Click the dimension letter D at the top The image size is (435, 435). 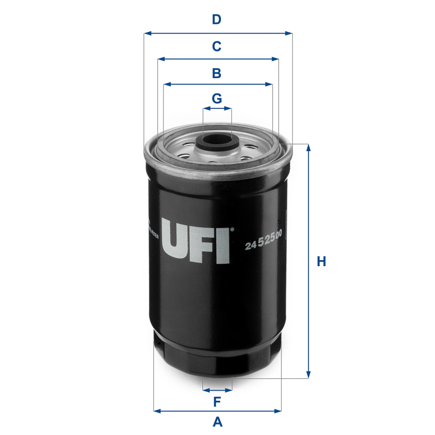pyautogui.click(x=217, y=20)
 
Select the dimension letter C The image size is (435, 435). pyautogui.click(x=217, y=47)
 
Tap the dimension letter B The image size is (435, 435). pyautogui.click(x=217, y=73)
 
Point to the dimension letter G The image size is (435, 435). pyautogui.click(x=217, y=98)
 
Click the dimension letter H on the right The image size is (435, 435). pyautogui.click(x=322, y=261)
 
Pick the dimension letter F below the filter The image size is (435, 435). pyautogui.click(x=217, y=402)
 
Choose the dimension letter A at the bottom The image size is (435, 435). pyautogui.click(x=217, y=422)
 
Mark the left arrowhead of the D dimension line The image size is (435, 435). pyautogui.click(x=146, y=33)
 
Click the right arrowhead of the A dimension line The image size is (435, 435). pyautogui.click(x=279, y=410)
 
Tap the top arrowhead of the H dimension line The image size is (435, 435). pyautogui.click(x=309, y=147)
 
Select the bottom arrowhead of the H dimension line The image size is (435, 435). pyautogui.click(x=309, y=376)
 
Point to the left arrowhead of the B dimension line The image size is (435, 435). pyautogui.click(x=166, y=85)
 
